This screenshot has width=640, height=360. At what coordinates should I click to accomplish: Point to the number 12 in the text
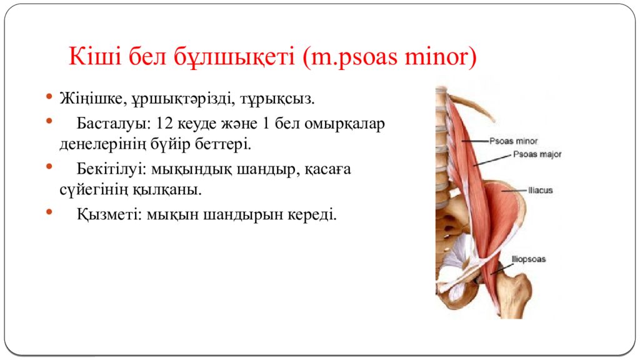click(163, 122)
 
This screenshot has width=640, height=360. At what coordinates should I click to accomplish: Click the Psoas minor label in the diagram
click(514, 141)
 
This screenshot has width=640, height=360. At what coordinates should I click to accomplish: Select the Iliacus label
click(541, 190)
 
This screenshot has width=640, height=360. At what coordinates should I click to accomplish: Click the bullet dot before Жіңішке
click(49, 98)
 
